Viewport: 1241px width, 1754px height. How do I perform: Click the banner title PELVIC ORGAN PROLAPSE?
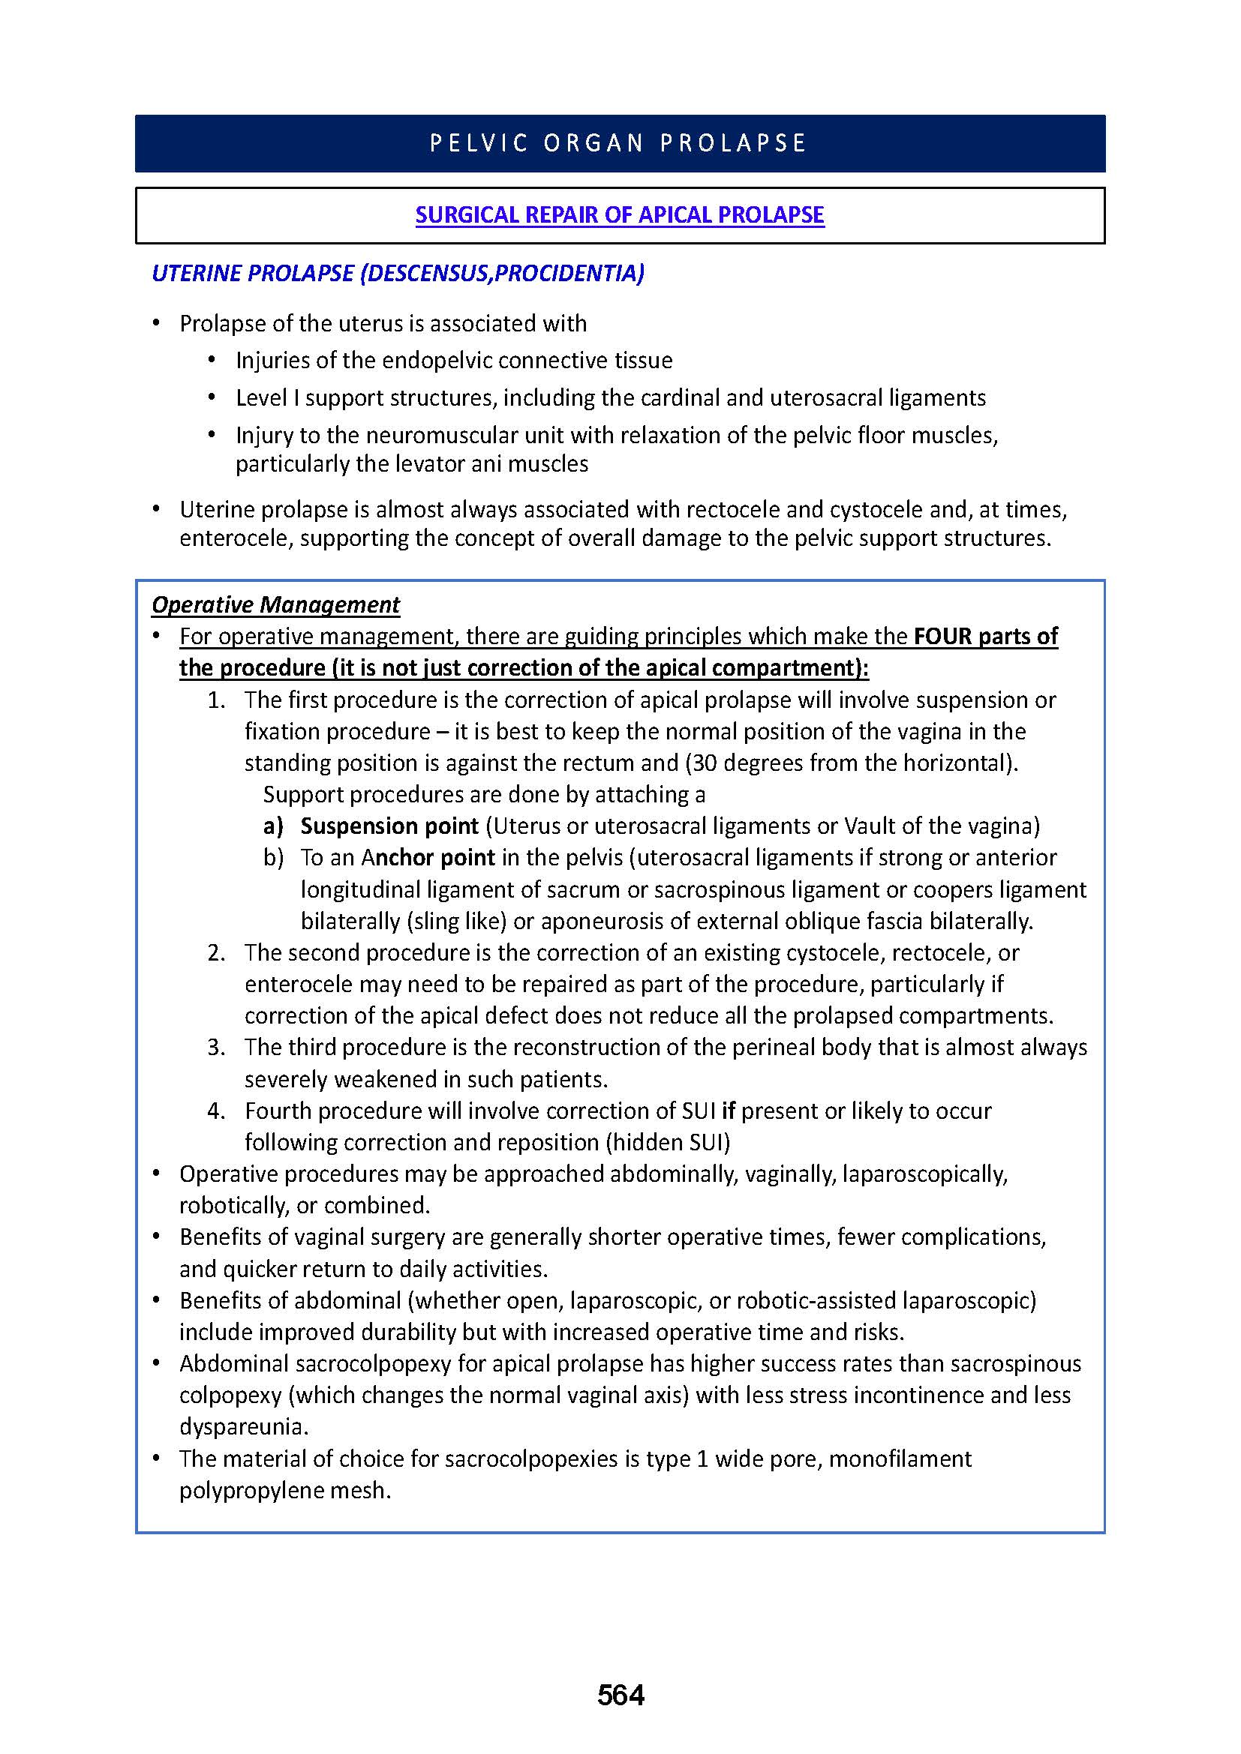click(x=619, y=144)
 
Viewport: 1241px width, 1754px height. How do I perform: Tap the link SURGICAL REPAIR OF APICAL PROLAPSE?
click(x=620, y=214)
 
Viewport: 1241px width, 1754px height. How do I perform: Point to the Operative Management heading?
click(x=275, y=604)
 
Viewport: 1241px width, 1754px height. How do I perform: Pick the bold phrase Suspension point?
click(x=389, y=826)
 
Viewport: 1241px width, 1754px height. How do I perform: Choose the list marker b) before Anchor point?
click(x=274, y=857)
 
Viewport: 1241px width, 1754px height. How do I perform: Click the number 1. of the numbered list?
click(x=216, y=700)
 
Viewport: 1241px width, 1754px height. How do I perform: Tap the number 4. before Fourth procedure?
click(x=216, y=1110)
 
